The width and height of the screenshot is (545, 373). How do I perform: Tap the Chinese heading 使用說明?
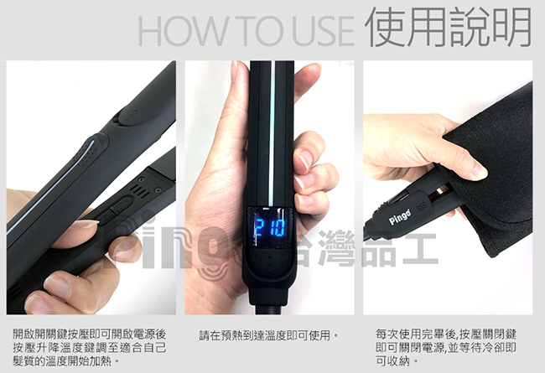[449, 28]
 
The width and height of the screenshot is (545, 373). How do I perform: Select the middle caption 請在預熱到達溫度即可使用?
[269, 335]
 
